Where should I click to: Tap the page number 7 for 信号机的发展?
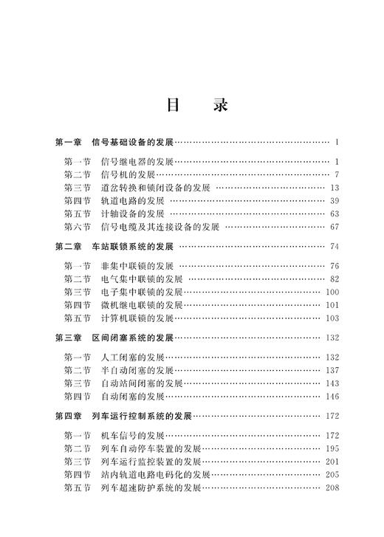pos(335,174)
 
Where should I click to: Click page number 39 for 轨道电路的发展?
pos(334,200)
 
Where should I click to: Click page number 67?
pos(334,226)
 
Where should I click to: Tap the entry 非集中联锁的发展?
pos(137,266)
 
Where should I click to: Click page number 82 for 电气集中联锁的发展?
pos(334,278)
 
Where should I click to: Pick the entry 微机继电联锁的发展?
pos(141,304)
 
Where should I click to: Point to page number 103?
pos(332,318)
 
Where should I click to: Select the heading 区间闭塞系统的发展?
pos(132,338)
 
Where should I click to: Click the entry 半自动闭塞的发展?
pos(137,370)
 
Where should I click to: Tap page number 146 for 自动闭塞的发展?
pos(332,396)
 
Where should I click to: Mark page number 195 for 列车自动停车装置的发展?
pos(332,448)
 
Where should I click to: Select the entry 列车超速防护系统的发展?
pos(151,488)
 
